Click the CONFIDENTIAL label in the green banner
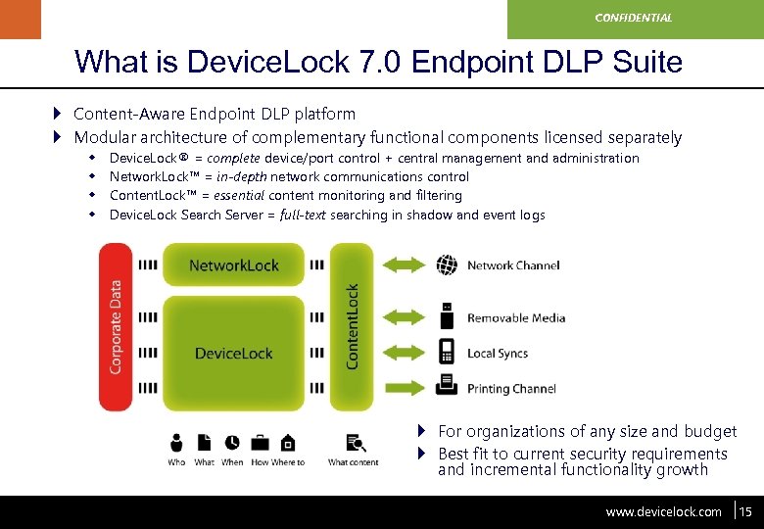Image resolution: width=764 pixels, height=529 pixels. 635,18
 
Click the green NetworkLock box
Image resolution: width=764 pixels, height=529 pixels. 233,264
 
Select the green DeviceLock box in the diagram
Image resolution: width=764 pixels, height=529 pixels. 233,353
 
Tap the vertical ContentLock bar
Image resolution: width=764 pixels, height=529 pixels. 352,326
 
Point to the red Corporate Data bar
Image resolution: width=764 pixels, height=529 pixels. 115,326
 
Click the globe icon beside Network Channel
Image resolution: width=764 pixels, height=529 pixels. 447,264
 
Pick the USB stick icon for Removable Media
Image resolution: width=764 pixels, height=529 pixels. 447,316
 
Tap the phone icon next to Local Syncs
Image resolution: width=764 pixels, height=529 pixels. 447,352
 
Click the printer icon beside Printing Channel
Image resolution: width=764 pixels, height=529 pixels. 447,385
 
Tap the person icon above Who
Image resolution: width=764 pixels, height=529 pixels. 177,443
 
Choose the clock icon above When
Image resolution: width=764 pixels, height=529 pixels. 232,443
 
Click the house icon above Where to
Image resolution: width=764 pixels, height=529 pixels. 288,443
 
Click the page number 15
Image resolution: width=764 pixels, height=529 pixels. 745,511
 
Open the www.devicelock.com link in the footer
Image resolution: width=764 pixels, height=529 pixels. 663,511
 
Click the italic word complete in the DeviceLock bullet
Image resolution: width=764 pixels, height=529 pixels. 233,159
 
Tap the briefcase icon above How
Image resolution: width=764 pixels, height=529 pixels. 260,443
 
